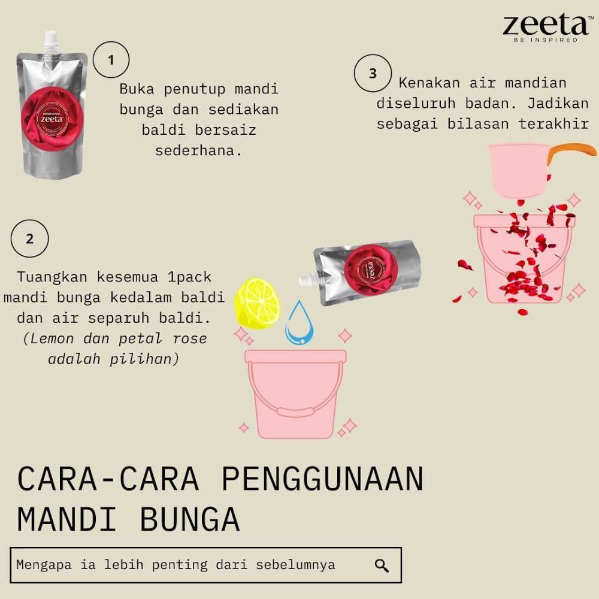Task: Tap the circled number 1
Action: point(111,59)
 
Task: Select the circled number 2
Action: point(30,238)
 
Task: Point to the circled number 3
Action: point(373,73)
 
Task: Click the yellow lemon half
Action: point(257,303)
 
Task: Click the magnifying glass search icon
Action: point(382,565)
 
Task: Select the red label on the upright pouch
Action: point(52,118)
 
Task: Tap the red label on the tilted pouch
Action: point(371,270)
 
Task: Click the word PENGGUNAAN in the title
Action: point(323,478)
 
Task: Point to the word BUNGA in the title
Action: point(190,519)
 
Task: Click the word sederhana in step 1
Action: point(199,150)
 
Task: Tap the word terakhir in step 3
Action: point(553,124)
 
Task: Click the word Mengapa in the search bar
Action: point(44,565)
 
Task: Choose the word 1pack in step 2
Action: point(189,277)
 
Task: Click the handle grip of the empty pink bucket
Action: point(295,413)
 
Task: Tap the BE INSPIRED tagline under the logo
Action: point(546,40)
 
